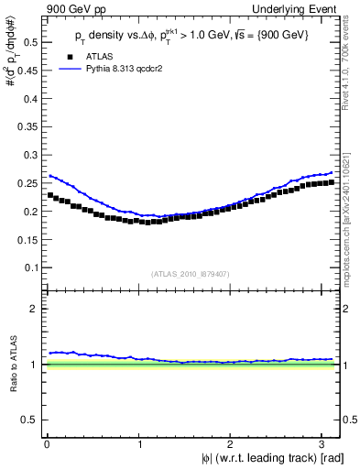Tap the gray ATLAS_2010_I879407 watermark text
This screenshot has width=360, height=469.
(x=191, y=273)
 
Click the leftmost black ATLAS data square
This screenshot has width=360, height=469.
(x=50, y=195)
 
